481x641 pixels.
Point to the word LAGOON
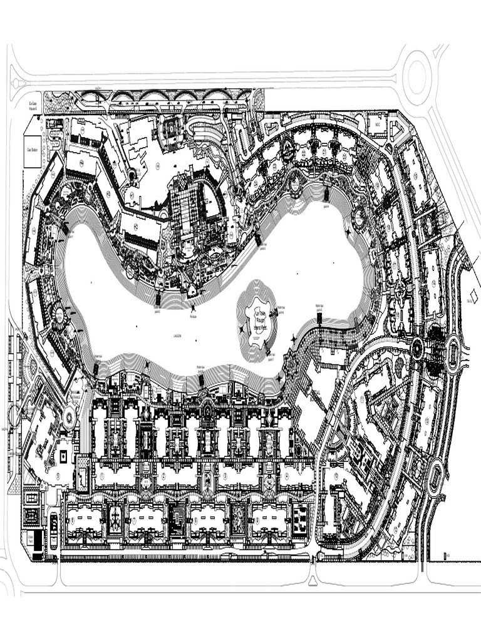point(177,336)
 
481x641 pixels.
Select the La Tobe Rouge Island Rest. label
point(257,317)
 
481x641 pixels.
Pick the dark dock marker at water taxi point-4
point(326,192)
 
